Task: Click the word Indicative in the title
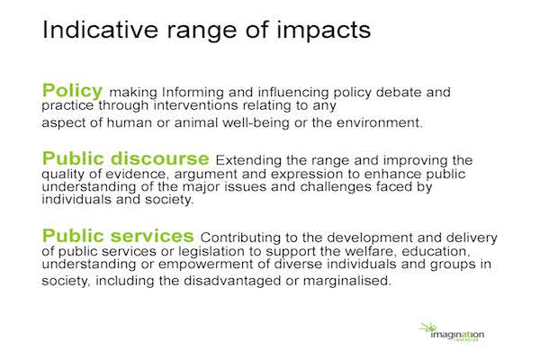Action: (100, 30)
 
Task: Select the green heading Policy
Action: (72, 91)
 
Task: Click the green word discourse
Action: (160, 158)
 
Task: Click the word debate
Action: (399, 92)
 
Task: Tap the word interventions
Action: (195, 104)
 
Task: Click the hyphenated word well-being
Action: (256, 123)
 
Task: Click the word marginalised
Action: (347, 281)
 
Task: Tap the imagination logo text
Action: (457, 335)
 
